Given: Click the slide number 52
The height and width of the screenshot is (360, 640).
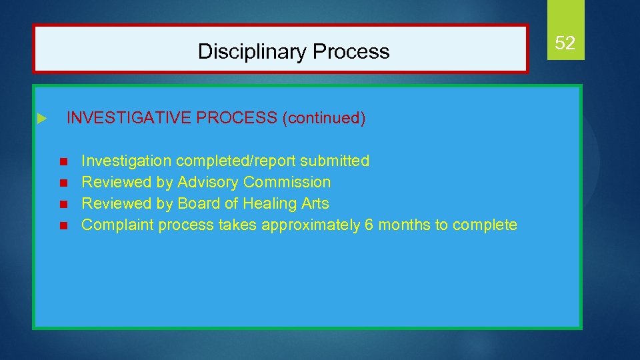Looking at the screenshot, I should pyautogui.click(x=565, y=43).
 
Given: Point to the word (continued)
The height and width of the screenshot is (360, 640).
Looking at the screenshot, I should pyautogui.click(x=324, y=118).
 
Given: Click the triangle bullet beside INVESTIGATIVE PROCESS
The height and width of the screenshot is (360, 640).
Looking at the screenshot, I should pyautogui.click(x=41, y=119).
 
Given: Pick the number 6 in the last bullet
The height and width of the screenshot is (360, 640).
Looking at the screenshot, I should pyautogui.click(x=369, y=225).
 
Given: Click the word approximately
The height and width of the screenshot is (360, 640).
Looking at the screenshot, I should pyautogui.click(x=311, y=225).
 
